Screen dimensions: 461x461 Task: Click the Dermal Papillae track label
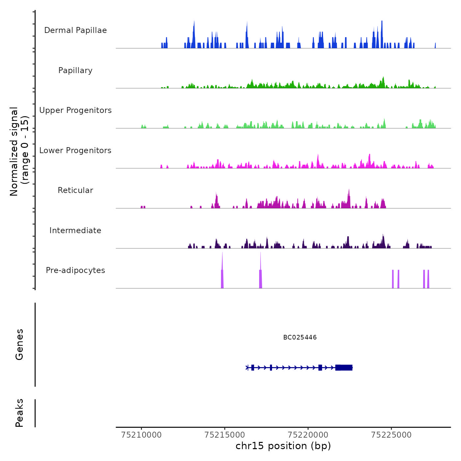tap(75, 30)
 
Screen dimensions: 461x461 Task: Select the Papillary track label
tap(75, 70)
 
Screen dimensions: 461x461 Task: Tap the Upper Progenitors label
tap(75, 110)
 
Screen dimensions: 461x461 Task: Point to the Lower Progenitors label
tap(75, 150)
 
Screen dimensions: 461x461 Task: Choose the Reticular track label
tap(75, 190)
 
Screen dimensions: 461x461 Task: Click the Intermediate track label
tap(75, 230)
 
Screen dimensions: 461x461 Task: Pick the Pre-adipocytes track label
tap(75, 270)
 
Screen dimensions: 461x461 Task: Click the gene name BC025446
tap(300, 338)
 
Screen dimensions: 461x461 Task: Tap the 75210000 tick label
tap(142, 435)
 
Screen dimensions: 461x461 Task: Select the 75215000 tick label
tap(225, 435)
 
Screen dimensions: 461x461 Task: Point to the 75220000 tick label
tap(308, 435)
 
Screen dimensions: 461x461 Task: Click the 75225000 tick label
tap(391, 435)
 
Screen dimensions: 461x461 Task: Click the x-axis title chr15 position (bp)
tap(283, 446)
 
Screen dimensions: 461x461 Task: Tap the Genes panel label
tap(19, 344)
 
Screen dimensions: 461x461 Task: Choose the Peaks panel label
tap(19, 413)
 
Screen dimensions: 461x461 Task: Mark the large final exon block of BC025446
tap(344, 367)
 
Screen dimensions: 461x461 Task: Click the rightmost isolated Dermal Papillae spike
tap(435, 46)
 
